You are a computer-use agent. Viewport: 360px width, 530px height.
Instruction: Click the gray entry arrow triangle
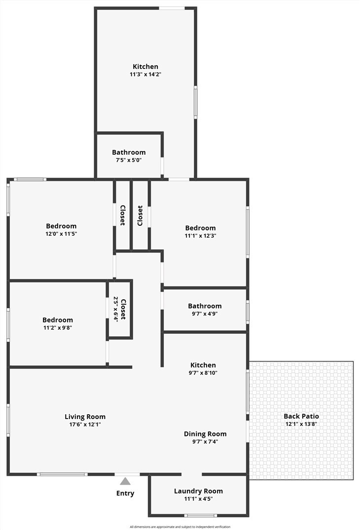125,481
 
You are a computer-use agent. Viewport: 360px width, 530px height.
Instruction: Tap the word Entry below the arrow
125,494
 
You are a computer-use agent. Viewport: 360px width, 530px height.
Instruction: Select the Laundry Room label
198,491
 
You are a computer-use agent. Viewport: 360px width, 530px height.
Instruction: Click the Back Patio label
301,416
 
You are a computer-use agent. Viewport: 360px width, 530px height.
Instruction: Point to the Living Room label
85,417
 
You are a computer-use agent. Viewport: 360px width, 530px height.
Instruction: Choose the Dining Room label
205,434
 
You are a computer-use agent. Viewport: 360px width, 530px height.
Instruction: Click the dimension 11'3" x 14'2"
145,74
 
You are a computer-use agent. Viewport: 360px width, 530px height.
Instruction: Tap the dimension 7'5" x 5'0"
128,160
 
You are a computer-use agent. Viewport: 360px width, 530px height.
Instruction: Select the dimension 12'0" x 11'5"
61,234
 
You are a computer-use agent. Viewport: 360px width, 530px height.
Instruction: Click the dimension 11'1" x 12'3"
200,236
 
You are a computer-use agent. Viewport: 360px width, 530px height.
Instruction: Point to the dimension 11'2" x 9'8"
58,327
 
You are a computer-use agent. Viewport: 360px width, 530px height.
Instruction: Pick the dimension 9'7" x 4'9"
205,314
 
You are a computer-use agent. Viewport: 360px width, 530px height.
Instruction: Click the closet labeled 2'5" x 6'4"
120,309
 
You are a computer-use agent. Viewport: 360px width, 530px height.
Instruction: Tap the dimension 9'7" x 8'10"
203,373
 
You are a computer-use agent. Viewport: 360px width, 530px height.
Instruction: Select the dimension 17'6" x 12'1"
85,424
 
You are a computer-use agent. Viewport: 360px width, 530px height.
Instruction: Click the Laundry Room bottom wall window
200,516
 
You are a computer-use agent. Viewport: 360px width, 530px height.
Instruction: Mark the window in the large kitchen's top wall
172,8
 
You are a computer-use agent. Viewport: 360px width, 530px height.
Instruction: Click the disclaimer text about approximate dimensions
180,527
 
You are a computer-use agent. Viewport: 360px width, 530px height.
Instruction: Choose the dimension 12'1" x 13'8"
301,424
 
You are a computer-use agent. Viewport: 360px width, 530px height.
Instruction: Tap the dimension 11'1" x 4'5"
198,499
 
